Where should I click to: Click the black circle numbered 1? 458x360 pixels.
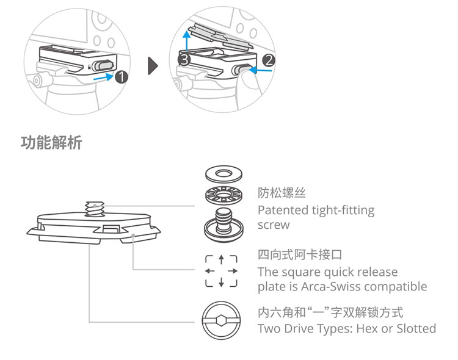point(121,77)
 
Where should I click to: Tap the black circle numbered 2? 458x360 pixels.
point(269,60)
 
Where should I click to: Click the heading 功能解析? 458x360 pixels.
point(51,144)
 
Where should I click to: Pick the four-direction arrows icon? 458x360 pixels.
point(220,270)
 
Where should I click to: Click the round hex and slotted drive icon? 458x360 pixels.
point(220,320)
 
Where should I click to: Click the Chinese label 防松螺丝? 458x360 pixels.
point(282,194)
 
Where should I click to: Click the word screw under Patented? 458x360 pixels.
point(274,225)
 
